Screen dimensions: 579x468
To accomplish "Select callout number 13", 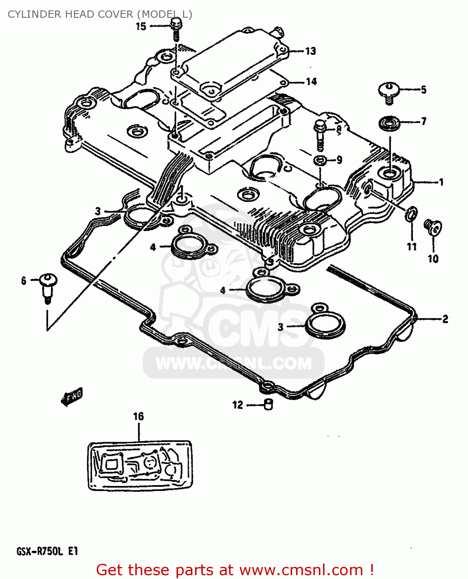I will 310,51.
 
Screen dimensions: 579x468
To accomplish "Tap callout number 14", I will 311,81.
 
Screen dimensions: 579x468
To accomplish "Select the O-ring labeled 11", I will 411,214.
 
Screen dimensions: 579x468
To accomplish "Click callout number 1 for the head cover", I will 441,182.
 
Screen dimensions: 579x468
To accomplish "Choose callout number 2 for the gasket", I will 445,319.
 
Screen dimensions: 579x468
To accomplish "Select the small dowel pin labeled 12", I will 268,405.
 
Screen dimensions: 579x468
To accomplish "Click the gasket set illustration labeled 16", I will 140,466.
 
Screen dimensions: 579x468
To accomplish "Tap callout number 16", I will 138,416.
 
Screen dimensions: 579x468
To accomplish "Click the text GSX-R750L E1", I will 47,551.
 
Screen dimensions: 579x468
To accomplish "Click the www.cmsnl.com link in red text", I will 301,570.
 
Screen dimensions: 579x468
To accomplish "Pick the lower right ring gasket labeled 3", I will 325,325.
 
